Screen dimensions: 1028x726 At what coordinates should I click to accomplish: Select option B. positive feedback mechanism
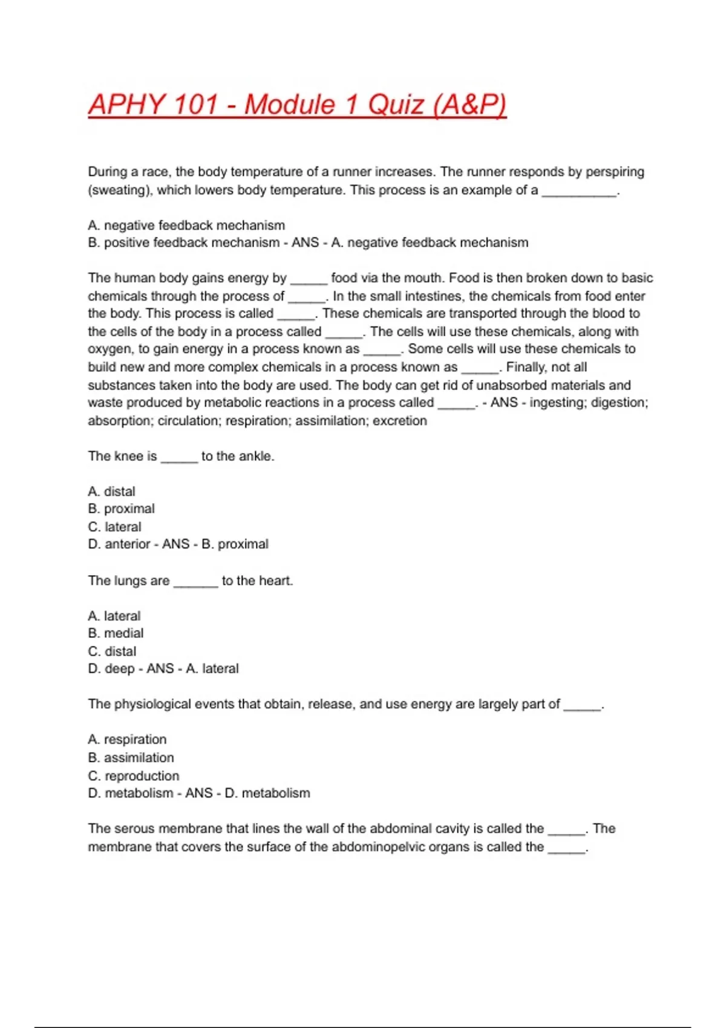pyautogui.click(x=183, y=242)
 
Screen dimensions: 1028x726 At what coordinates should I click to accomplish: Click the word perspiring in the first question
pyautogui.click(x=615, y=172)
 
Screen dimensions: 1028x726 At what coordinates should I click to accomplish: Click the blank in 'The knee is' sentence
pyautogui.click(x=179, y=457)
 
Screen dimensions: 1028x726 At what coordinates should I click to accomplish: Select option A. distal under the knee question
pyautogui.click(x=112, y=492)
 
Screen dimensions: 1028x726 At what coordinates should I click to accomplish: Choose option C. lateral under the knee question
pyautogui.click(x=115, y=527)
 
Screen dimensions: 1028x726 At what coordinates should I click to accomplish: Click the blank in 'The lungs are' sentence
pyautogui.click(x=195, y=582)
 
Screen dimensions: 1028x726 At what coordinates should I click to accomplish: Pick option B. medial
pyautogui.click(x=116, y=633)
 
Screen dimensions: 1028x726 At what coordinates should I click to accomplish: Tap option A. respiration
pyautogui.click(x=127, y=740)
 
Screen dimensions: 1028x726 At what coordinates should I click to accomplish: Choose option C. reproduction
pyautogui.click(x=134, y=776)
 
